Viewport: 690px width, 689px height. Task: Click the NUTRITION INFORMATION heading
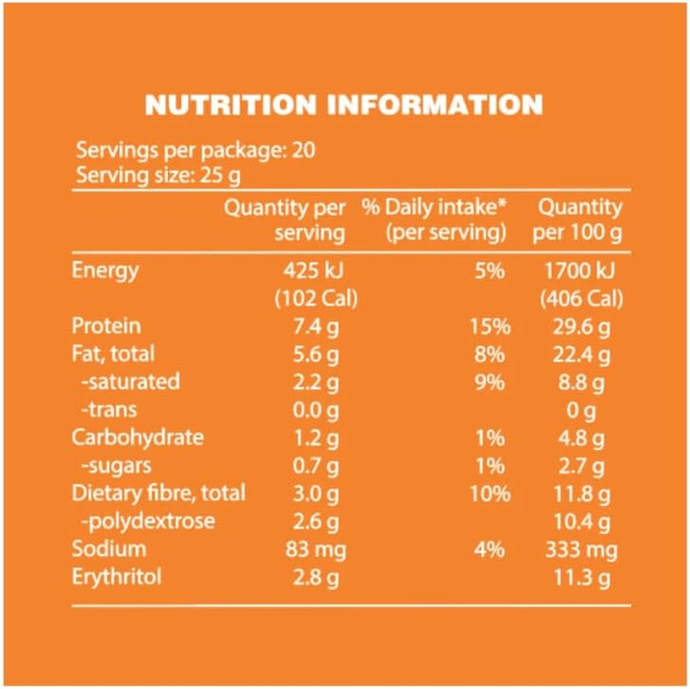tap(344, 105)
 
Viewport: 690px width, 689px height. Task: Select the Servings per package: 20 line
tap(196, 151)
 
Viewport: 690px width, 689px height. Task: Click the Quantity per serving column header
tap(285, 220)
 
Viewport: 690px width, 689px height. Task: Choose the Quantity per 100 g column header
tap(578, 220)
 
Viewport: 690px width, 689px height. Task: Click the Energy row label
tap(104, 271)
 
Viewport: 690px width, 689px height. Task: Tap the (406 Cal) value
tap(581, 300)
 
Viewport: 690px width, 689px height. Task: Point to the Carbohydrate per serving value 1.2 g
tap(320, 438)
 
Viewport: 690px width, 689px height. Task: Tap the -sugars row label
tap(117, 466)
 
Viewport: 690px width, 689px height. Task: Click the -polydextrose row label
tap(147, 522)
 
